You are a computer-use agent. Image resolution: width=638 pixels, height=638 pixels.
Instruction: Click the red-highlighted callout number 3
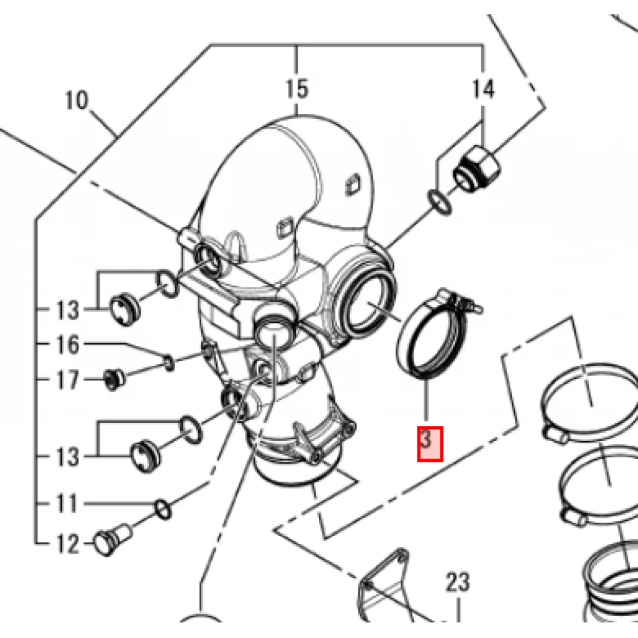430,444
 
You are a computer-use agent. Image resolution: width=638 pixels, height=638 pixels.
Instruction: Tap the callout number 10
76,100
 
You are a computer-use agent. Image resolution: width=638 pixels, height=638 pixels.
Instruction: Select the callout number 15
297,89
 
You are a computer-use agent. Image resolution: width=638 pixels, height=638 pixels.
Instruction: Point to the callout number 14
483,89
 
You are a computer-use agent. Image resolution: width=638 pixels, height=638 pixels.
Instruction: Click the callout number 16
67,345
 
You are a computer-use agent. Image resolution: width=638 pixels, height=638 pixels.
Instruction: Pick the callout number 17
67,379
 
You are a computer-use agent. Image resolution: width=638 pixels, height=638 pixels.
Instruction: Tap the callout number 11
66,503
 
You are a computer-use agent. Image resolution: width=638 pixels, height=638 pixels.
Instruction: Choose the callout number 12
67,543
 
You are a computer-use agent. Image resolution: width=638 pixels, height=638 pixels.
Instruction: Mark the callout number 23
458,583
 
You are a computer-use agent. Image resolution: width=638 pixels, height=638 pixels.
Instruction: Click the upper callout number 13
67,310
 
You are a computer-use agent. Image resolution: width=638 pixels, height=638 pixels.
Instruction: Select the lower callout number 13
67,457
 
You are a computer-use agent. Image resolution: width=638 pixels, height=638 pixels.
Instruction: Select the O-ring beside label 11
163,509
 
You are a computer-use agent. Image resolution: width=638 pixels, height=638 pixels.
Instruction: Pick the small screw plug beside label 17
113,379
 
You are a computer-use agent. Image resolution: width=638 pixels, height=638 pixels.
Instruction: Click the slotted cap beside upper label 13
125,310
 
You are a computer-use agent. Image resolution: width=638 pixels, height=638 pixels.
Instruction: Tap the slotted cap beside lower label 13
145,455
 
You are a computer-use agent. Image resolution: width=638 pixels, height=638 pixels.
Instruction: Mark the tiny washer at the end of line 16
169,362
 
